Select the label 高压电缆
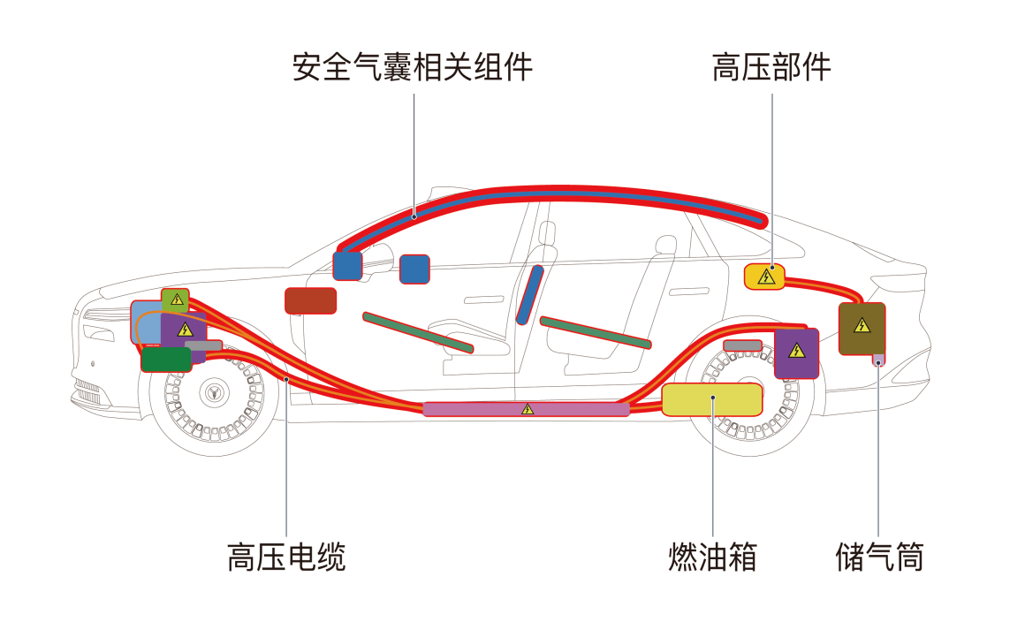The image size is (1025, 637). pyautogui.click(x=286, y=557)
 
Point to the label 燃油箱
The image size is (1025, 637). pyautogui.click(x=712, y=557)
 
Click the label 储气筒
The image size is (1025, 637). pyautogui.click(x=879, y=557)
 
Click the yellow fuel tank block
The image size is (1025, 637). pyautogui.click(x=711, y=400)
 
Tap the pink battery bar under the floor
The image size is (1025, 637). pyautogui.click(x=527, y=409)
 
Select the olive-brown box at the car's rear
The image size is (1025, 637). pyautogui.click(x=862, y=329)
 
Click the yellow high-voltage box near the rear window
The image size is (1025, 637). pyautogui.click(x=765, y=277)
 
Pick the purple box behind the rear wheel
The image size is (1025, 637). pyautogui.click(x=796, y=353)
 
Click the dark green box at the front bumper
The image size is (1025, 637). pyautogui.click(x=166, y=360)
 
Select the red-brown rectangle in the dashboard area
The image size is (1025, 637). pyautogui.click(x=310, y=300)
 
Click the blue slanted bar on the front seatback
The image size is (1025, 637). pyautogui.click(x=529, y=294)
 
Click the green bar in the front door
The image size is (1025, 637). pyautogui.click(x=418, y=332)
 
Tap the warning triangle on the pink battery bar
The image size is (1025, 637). pyautogui.click(x=528, y=409)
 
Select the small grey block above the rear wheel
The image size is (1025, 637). pyautogui.click(x=742, y=345)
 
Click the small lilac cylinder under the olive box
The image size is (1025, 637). pyautogui.click(x=878, y=360)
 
